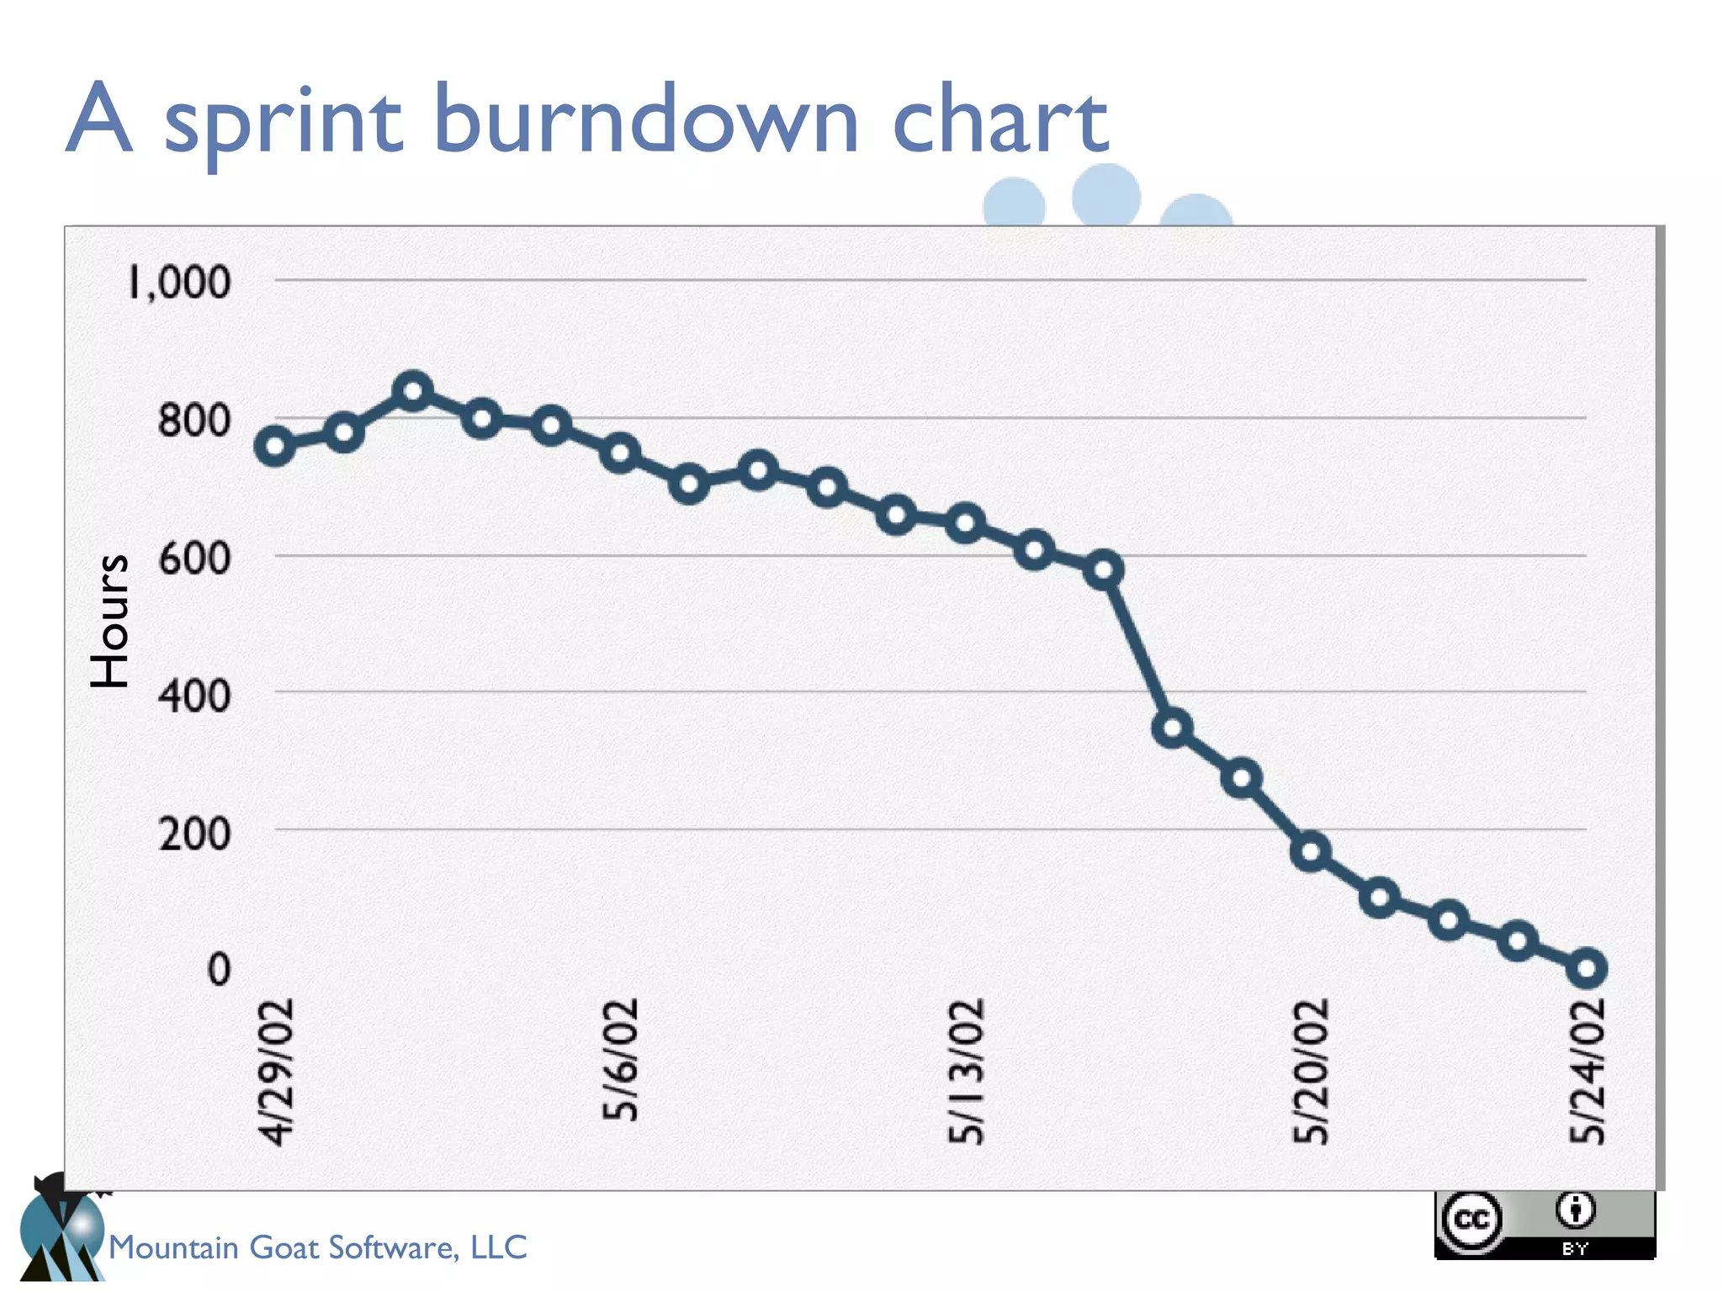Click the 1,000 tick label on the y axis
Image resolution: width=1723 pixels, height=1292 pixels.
(178, 282)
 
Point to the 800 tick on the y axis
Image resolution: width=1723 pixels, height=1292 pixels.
(194, 420)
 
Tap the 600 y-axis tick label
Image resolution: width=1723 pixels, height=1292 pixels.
(194, 558)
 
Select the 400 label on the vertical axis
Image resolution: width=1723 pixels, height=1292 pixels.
(194, 696)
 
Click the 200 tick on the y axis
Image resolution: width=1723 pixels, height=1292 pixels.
(194, 834)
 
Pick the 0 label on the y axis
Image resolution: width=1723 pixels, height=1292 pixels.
(219, 970)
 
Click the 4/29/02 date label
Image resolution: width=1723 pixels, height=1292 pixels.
(277, 1072)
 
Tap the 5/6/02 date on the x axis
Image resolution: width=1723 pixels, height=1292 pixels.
(621, 1059)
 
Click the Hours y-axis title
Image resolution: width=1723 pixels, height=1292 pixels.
(110, 621)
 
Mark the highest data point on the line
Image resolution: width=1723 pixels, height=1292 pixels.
(412, 392)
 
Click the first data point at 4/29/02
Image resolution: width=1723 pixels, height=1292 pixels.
(274, 446)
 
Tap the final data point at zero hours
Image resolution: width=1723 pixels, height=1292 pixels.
(1587, 969)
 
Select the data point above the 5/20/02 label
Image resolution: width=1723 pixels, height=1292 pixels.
(1311, 852)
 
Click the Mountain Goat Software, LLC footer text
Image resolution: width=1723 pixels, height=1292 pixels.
(318, 1247)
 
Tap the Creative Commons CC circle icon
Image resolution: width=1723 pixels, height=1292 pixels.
(1471, 1219)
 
